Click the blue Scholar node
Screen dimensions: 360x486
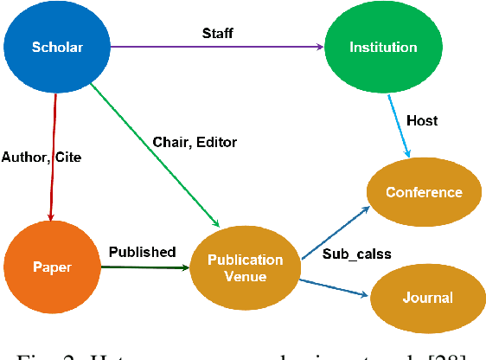(57, 47)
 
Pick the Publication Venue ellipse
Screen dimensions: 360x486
(245, 267)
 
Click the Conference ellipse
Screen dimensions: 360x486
(423, 192)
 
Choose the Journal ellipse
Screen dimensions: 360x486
(426, 298)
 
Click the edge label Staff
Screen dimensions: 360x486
(217, 33)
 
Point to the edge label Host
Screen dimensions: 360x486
(422, 120)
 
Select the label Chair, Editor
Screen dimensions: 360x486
(195, 142)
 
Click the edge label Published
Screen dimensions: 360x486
(142, 253)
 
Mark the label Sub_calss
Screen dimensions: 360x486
(356, 254)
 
